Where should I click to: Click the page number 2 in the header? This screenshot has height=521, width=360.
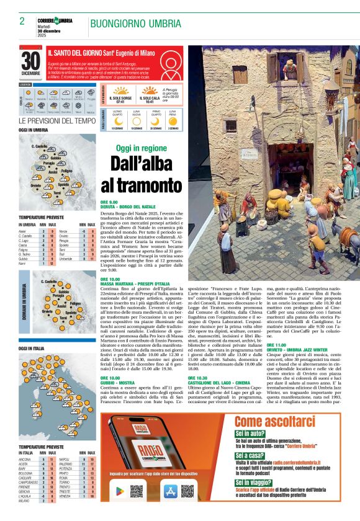22,21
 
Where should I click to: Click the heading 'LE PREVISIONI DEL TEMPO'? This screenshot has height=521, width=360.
57,121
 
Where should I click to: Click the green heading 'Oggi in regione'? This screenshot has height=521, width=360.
142,148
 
